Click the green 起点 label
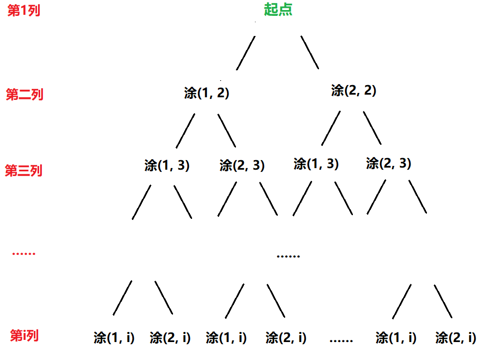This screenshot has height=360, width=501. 278,10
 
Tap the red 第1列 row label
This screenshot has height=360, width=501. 23,11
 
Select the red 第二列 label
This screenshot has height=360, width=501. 24,95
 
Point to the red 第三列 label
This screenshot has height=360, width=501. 23,171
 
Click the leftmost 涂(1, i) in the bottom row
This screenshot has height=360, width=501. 114,337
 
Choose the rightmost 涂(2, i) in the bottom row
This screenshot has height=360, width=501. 456,337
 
